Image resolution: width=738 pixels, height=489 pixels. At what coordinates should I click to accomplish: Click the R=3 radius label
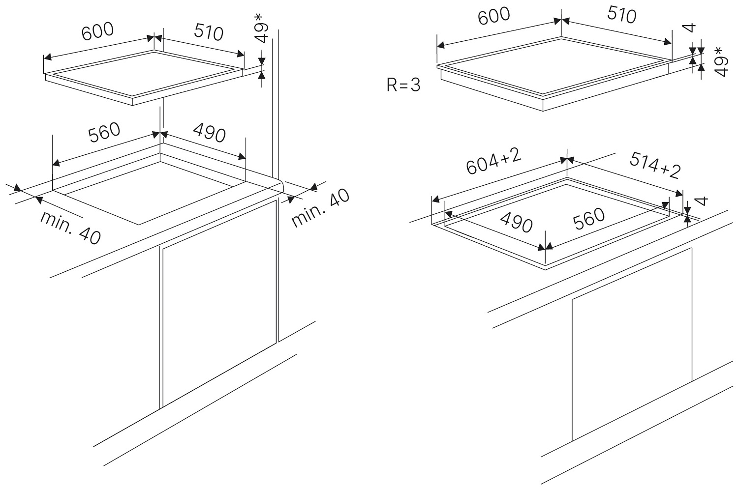403,85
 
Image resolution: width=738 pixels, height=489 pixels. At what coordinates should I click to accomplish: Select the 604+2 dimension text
494,161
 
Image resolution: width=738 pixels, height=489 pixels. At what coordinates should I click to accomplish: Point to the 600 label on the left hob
97,31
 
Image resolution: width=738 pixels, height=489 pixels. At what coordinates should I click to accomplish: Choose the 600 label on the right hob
494,16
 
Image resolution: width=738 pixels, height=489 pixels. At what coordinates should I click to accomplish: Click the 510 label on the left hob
209,32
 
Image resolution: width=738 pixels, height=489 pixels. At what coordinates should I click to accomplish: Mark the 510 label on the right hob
622,15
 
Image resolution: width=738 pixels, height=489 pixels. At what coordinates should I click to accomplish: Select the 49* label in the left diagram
262,29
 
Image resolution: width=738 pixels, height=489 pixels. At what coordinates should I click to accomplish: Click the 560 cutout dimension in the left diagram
104,133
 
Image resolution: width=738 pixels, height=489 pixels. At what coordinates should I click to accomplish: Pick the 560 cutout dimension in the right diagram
589,219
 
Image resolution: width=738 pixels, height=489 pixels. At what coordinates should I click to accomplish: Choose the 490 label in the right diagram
516,223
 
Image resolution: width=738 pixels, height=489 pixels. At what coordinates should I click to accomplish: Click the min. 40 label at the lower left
70,228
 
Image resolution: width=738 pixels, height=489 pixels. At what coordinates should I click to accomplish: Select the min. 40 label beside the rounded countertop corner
320,208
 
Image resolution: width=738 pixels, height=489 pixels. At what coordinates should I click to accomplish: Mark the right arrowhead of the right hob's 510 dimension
668,42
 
